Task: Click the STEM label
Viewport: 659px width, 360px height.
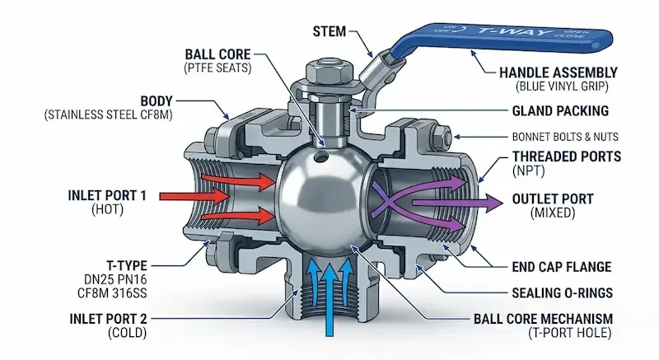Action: click(329, 31)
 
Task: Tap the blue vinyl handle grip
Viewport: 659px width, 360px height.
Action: click(500, 36)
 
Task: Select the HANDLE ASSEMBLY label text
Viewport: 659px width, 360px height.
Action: click(559, 72)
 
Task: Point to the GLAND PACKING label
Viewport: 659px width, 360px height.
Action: click(560, 111)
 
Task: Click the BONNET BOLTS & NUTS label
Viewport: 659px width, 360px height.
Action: click(565, 137)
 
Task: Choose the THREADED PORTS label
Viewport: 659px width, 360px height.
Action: click(567, 157)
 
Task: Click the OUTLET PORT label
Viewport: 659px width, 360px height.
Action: click(553, 199)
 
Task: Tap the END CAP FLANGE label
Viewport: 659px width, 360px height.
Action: click(562, 267)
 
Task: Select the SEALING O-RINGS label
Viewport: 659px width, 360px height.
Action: click(563, 292)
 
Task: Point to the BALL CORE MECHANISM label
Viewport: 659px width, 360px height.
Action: click(543, 319)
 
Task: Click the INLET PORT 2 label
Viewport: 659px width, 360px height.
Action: click(109, 319)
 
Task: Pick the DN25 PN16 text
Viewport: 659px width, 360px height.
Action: click(115, 279)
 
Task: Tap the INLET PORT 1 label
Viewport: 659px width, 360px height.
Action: click(107, 195)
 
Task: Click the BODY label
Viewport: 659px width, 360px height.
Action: click(157, 101)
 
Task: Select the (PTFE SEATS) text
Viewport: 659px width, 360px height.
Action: click(217, 68)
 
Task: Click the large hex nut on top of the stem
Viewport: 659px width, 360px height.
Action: click(329, 72)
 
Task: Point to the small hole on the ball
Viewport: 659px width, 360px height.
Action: click(321, 157)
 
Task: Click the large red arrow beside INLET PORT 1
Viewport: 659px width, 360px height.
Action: click(194, 196)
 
